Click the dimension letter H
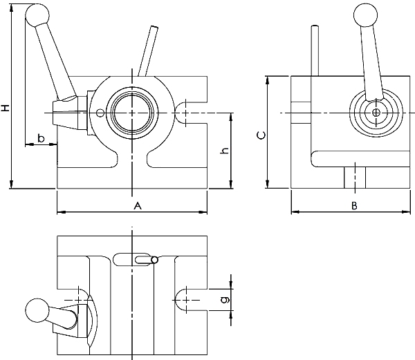point(6,109)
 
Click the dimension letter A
point(137,206)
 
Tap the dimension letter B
point(353,206)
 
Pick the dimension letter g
point(223,299)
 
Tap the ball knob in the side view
point(365,15)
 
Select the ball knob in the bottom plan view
point(37,311)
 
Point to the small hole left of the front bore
point(100,113)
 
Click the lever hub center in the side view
point(376,112)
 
